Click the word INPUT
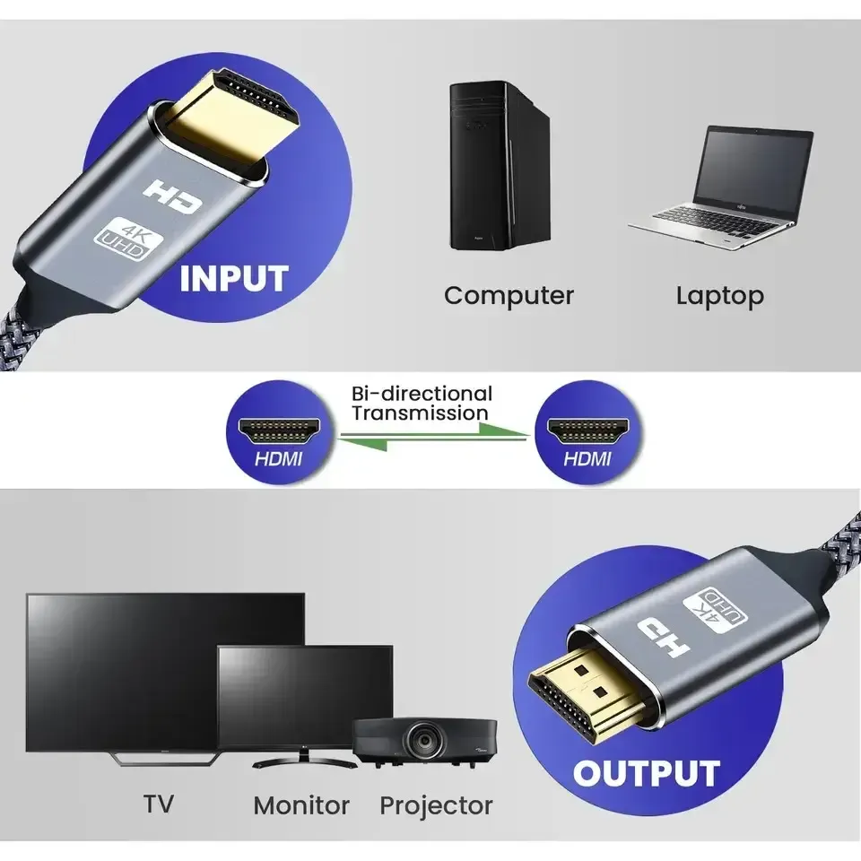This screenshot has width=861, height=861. click(234, 278)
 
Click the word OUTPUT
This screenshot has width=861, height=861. click(647, 773)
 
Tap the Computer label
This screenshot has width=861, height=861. click(509, 295)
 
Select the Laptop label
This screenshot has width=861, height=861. click(719, 295)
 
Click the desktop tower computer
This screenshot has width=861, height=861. click(498, 166)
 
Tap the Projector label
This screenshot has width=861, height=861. click(436, 805)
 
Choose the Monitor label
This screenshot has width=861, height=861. click(301, 805)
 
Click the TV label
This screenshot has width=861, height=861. click(159, 803)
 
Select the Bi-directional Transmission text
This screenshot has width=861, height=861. click(422, 404)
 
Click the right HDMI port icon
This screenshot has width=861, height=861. click(588, 428)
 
